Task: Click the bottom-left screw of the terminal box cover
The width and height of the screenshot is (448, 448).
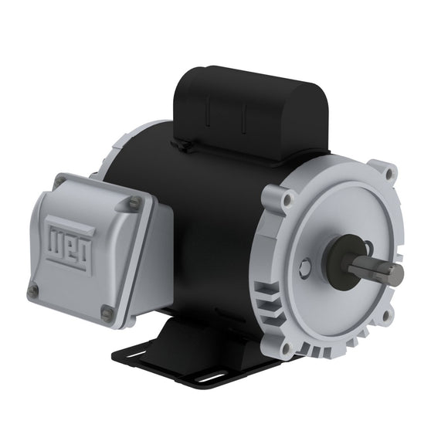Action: [33, 290]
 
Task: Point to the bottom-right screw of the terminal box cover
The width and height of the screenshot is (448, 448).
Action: [107, 313]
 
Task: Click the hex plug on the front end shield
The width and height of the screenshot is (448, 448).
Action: [307, 269]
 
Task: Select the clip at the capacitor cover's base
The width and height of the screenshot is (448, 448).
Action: [182, 144]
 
